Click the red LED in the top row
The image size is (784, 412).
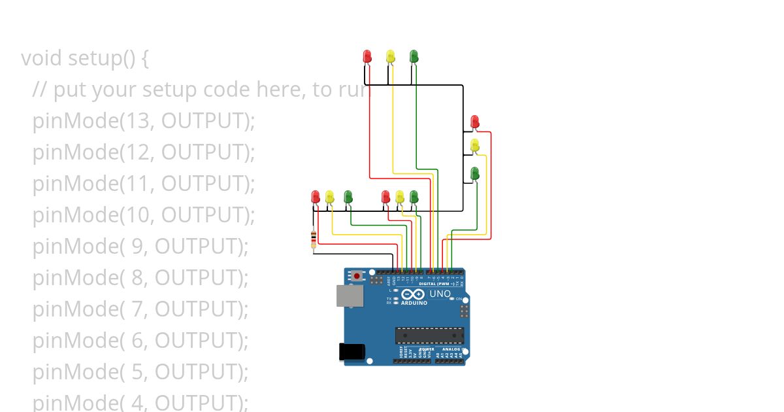coord(367,56)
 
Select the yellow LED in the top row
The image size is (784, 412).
coord(390,56)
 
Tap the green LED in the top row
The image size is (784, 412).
coord(414,56)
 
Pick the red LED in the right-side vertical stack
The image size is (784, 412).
coord(475,122)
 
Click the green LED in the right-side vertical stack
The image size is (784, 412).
coord(475,173)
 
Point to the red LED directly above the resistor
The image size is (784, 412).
coord(316,196)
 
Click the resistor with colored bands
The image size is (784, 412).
coord(314,240)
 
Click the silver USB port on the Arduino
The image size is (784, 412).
coord(346,296)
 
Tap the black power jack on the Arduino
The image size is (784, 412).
coord(351,352)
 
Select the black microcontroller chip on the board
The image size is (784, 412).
coord(429,335)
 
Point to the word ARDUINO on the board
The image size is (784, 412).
coord(414,303)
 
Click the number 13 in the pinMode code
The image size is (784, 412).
coord(137,121)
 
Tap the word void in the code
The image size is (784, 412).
coord(42,58)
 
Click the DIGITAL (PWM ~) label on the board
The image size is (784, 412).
coord(436,284)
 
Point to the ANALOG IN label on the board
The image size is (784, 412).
coord(451,349)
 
